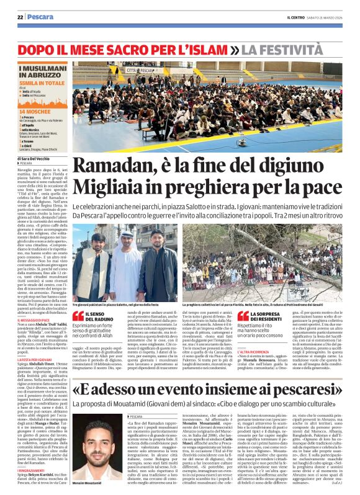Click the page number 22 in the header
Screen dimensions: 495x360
pyautogui.click(x=20, y=17)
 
